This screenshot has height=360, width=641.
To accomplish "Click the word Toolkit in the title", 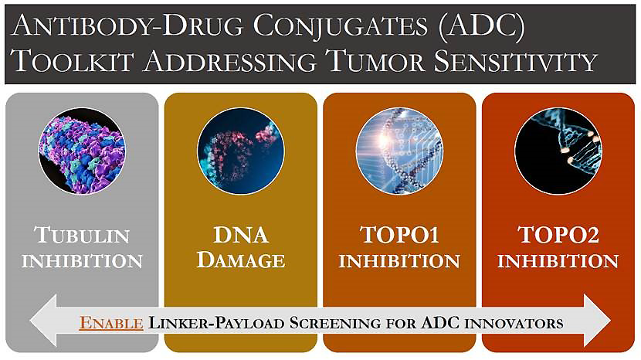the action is point(73,61).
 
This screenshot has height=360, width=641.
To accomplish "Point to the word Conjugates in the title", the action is point(340,26).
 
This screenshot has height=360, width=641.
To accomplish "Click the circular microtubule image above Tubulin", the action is point(82,151).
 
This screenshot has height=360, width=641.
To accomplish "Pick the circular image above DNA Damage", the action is point(241,151).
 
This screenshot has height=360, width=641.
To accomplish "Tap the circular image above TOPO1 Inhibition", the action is point(399,151).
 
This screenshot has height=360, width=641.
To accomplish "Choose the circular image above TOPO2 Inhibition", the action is point(558,151).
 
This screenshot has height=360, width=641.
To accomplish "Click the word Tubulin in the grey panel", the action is point(82,235).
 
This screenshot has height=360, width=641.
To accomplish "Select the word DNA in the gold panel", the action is point(241,235).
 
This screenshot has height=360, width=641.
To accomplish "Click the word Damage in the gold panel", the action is point(241,260).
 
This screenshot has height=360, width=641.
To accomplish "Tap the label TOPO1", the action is point(399,235).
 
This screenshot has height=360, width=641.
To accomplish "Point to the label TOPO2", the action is point(558,235).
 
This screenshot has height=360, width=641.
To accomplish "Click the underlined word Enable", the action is point(111,323).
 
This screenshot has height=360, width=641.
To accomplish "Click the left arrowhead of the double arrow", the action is point(43,321).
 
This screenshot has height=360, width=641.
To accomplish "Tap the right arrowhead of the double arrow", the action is point(598,321).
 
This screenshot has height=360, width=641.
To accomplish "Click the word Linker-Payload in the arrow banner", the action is point(216,323).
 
